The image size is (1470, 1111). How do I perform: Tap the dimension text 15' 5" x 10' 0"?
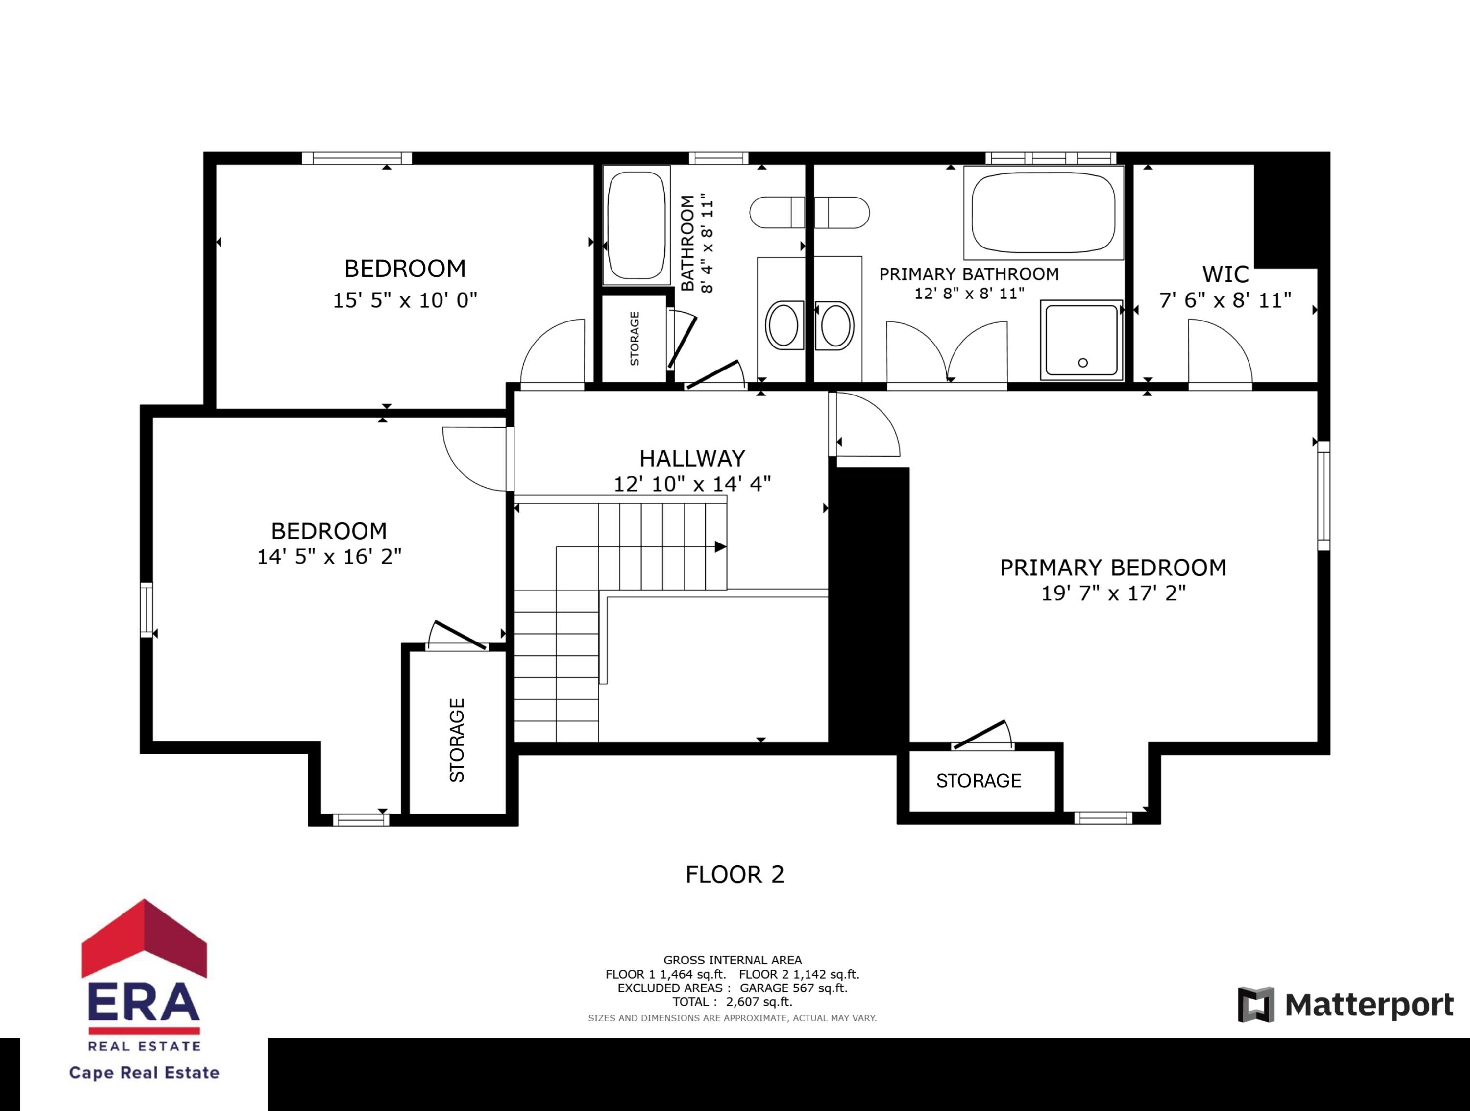405,300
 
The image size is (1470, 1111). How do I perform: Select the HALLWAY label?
692,459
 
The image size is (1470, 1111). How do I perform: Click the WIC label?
1225,274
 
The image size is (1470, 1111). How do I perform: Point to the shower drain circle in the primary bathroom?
1082,363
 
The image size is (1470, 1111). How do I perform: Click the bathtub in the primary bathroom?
1043,213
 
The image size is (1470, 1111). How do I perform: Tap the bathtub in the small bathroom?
636,225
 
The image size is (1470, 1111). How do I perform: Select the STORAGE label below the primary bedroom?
978,781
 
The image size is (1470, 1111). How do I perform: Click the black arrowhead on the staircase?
720,547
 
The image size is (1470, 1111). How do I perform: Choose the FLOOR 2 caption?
735,874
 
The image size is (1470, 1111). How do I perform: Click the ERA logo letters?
144,1002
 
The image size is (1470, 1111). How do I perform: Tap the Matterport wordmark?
1369,1005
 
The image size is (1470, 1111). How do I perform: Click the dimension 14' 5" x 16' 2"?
329,556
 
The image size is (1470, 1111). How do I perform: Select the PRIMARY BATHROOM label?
968,274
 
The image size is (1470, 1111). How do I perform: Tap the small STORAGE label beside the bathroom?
635,339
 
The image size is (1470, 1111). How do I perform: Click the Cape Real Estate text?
144,1072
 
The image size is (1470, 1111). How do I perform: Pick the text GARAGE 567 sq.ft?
793,988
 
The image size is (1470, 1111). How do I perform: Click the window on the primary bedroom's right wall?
1323,495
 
